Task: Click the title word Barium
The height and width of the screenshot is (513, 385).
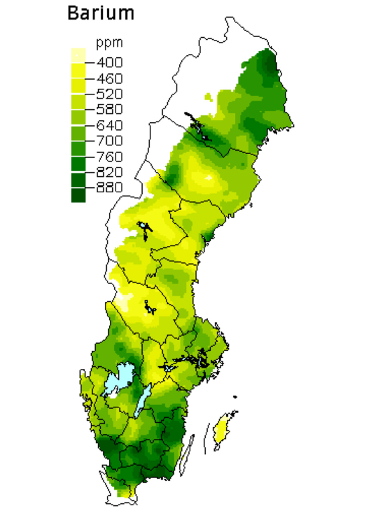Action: (x=101, y=13)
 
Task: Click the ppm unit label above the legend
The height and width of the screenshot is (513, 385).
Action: (x=109, y=42)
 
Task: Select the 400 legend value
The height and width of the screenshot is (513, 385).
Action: (x=109, y=63)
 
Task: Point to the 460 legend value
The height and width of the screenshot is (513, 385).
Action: (x=109, y=79)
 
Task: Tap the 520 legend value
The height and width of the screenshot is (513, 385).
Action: (x=109, y=94)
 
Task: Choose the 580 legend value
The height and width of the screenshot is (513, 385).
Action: (x=109, y=109)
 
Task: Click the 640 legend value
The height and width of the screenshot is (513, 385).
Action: (x=109, y=125)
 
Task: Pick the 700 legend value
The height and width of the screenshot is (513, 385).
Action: (x=109, y=141)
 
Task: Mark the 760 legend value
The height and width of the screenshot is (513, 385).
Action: (x=109, y=157)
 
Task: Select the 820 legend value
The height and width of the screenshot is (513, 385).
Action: (x=109, y=172)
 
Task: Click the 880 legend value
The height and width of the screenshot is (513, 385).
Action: (x=109, y=188)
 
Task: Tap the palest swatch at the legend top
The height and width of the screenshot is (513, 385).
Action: (x=78, y=55)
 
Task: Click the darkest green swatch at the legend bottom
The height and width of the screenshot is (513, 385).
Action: (x=78, y=195)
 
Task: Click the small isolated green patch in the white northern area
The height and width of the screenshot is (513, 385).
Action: (x=208, y=96)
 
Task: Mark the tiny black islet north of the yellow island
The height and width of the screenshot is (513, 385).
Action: (x=235, y=397)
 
